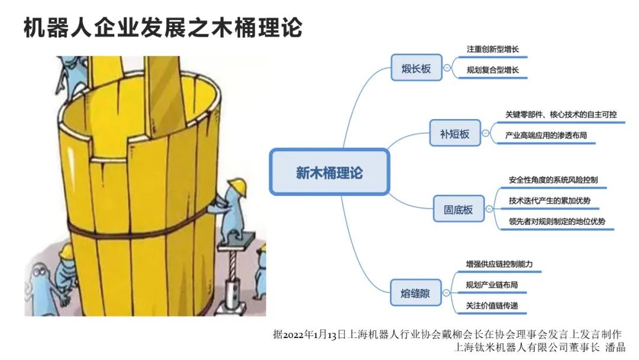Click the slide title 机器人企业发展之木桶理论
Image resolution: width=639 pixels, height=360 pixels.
coord(163,27)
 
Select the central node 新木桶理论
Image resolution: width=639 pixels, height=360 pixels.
coord(329,172)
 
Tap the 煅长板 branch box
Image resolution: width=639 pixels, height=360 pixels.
coord(417,69)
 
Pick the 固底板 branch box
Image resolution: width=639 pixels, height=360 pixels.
coord(459,209)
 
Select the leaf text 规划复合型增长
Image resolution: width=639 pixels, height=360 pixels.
coord(493,70)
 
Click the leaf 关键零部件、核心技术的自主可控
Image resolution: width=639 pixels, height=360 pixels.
coord(560,114)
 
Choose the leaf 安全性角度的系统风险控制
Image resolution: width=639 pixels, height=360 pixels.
coord(557,179)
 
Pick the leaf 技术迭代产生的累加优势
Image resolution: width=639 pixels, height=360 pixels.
coord(549,201)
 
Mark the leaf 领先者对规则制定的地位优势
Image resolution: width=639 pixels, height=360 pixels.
coord(557,222)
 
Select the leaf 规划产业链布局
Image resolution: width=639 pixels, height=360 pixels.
coord(492,285)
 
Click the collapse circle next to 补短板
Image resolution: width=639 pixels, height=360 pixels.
coord(486,134)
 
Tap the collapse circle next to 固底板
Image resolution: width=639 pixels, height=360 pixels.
coord(489,209)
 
